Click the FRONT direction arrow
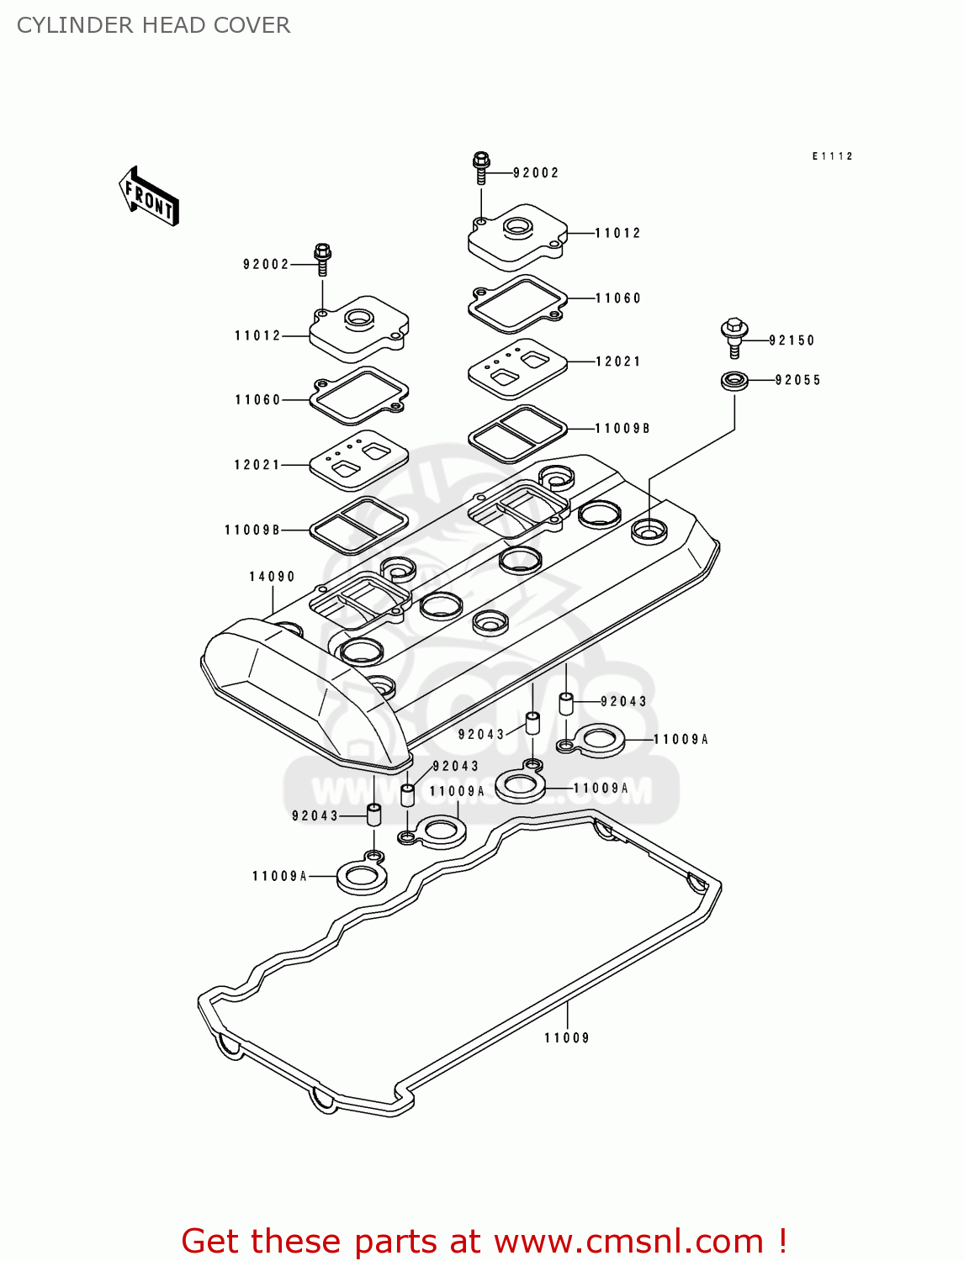[x=149, y=197]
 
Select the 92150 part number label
[x=792, y=340]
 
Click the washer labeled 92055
[x=735, y=380]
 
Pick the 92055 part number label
[x=797, y=380]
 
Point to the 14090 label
[x=272, y=577]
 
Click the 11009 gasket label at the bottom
[x=567, y=1038]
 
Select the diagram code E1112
[x=833, y=156]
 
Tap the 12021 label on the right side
[x=618, y=361]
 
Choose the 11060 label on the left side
[x=257, y=400]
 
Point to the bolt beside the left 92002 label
[x=322, y=258]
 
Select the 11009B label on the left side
[x=252, y=530]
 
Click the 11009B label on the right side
[x=622, y=429]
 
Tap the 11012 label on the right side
[x=618, y=233]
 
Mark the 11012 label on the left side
[x=257, y=335]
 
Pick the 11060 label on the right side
[x=618, y=298]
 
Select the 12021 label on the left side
[x=257, y=465]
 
